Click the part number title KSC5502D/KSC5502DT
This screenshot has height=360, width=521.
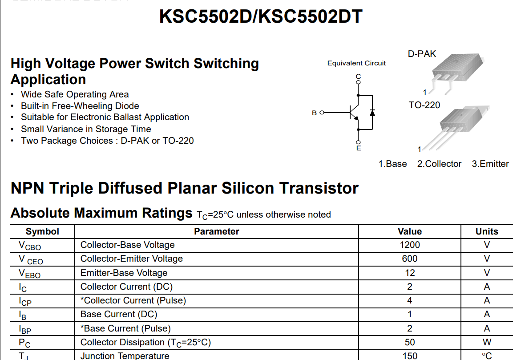coord(261,17)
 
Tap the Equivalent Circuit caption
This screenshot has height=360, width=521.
coord(356,63)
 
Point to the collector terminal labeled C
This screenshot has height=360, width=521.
coord(358,77)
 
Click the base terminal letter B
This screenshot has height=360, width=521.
coord(315,113)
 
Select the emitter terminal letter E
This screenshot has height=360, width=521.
coord(359,148)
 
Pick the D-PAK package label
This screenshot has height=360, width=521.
coord(422,54)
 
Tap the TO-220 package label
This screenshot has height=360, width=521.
coord(424,105)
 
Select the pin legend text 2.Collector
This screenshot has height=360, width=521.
coord(439,164)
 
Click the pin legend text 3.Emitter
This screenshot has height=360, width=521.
coord(490,164)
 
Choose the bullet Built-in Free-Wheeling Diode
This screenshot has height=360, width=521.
coord(80,106)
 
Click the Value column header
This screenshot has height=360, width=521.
coord(409,231)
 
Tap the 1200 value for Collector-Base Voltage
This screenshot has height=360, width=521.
coord(409,245)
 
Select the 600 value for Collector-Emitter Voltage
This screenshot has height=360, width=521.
coord(409,259)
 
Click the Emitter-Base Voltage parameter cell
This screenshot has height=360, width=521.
coord(124,273)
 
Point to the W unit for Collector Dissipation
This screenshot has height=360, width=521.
coord(487,342)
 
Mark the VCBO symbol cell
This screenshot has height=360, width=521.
coord(30,245)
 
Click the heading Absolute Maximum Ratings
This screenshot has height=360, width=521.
coord(101,213)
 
